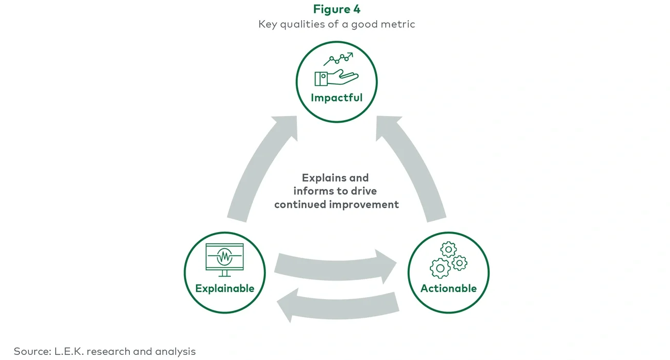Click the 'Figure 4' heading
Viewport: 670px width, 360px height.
click(337, 9)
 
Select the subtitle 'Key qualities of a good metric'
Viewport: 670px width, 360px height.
click(337, 24)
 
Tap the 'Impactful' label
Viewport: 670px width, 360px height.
click(337, 97)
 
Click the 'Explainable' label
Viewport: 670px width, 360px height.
click(225, 288)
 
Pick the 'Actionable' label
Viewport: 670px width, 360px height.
click(448, 288)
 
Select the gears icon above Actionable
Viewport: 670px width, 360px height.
click(448, 260)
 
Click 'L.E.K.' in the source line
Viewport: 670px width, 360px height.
click(70, 351)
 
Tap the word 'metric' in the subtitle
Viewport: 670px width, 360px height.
click(397, 24)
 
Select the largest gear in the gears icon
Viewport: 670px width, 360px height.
click(440, 268)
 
